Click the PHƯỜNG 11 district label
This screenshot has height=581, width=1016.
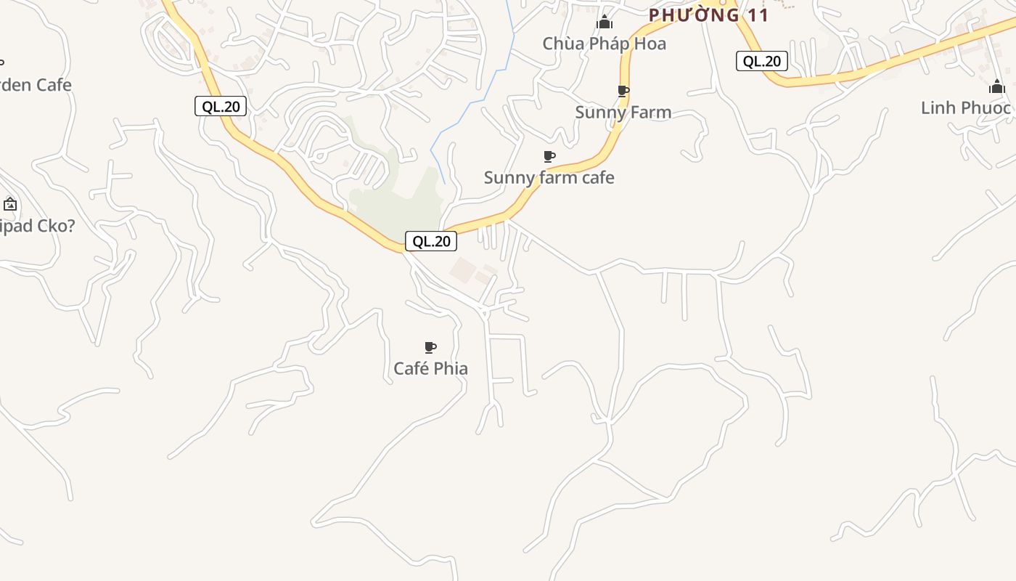[708, 15]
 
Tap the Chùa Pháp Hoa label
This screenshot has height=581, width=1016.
[604, 44]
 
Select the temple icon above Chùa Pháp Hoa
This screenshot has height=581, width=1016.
[605, 23]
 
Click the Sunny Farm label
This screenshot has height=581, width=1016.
[623, 113]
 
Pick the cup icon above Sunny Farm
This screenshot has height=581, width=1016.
[623, 91]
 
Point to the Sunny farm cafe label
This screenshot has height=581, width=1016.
[549, 178]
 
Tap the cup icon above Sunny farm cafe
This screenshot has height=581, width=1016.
[549, 156]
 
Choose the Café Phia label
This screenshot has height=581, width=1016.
[430, 369]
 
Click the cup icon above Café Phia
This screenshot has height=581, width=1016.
[430, 347]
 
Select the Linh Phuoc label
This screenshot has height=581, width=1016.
[965, 108]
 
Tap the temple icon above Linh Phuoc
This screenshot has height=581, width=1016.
[996, 86]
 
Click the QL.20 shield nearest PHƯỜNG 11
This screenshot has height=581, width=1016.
[762, 62]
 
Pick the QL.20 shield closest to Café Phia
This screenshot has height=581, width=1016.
[431, 242]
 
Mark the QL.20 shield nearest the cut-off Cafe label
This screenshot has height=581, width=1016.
[221, 107]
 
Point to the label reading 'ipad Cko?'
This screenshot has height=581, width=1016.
[36, 226]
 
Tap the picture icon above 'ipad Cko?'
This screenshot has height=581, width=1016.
[10, 204]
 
